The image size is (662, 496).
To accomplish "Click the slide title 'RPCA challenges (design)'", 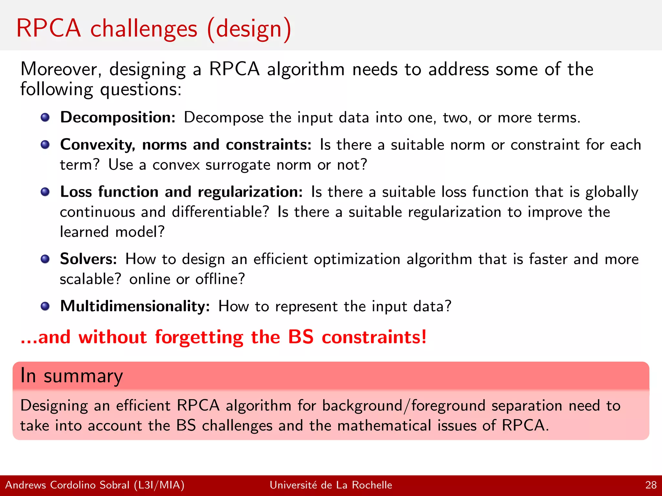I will coord(154,29).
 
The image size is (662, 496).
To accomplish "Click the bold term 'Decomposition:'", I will coord(118,117).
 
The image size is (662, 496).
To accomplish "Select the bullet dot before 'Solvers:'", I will coord(45,259).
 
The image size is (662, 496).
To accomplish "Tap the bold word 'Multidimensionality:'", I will coord(135,306).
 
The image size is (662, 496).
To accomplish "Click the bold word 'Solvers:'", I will coord(88,259).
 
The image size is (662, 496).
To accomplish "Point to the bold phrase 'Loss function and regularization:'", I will coord(181,192).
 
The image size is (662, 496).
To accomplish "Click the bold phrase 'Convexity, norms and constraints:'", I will coord(186,145).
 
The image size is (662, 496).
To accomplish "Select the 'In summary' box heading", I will coord(71,376).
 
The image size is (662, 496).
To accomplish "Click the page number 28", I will coord(651,485).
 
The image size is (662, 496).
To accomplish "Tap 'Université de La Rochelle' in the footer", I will coord(331,485).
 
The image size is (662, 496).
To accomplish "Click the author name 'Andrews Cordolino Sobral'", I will coord(67,485).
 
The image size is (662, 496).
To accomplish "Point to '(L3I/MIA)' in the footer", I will coord(159,485).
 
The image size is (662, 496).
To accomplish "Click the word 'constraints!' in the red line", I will coord(374,337).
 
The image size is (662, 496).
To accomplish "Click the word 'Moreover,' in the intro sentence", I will coord(61,69).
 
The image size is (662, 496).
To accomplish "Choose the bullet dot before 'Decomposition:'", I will coord(45,117).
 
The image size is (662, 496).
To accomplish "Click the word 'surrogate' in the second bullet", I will coord(238,165).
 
